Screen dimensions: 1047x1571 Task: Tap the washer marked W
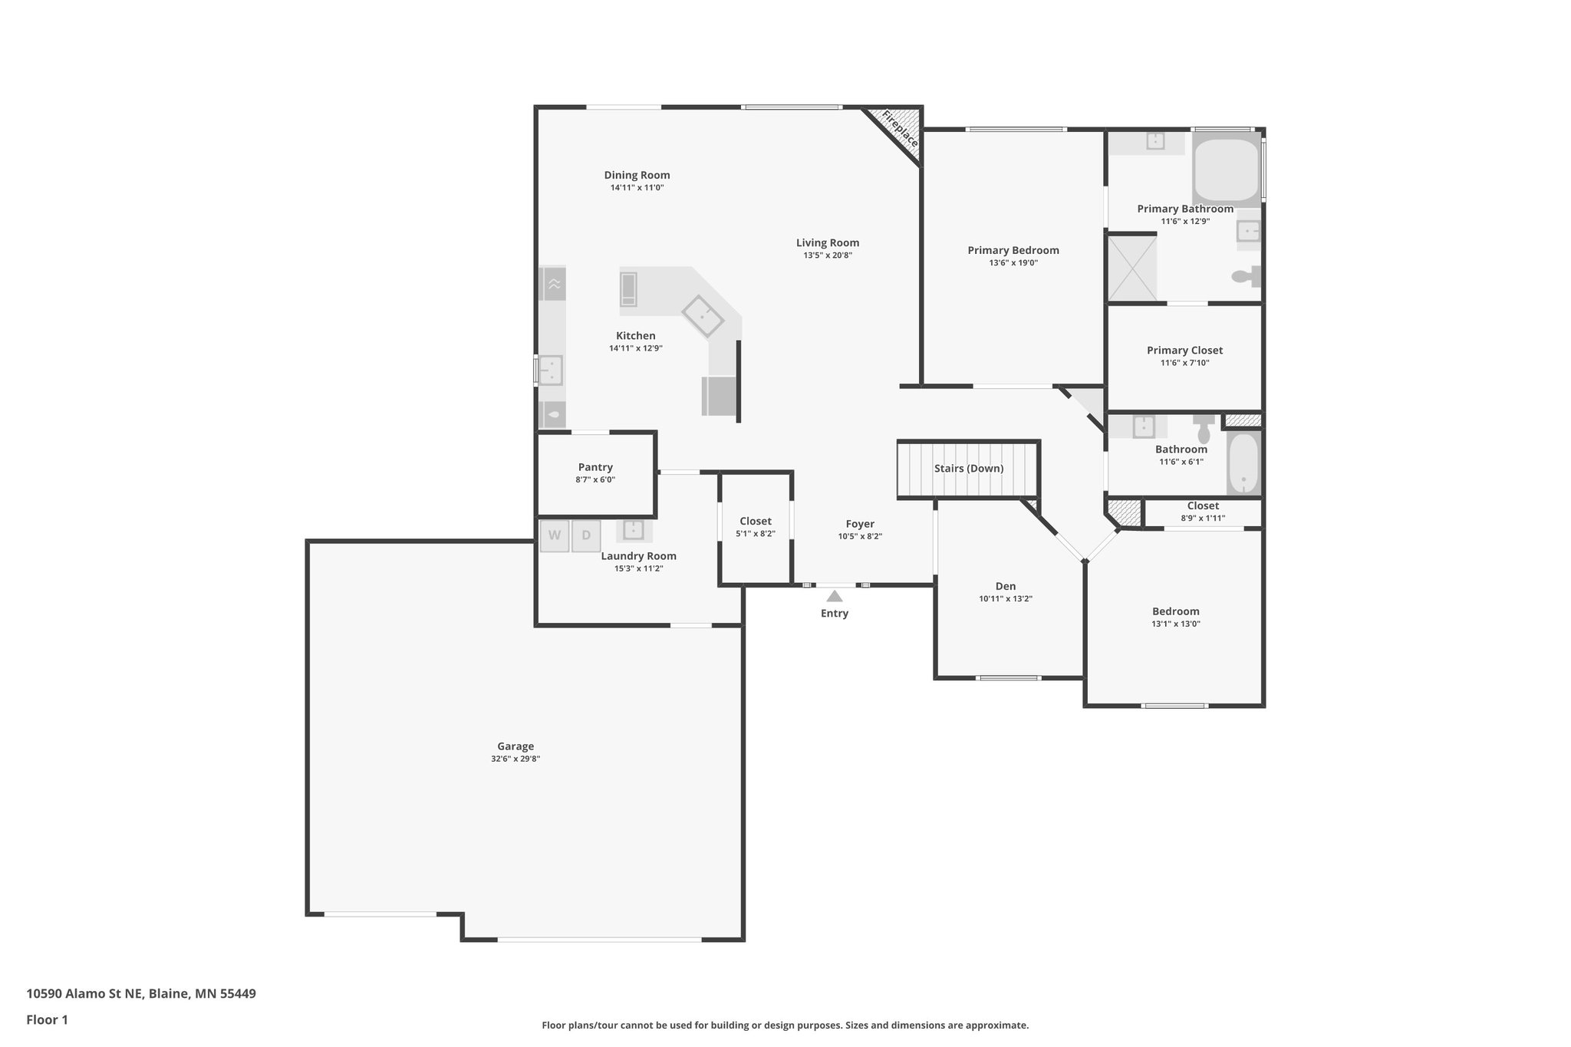point(554,536)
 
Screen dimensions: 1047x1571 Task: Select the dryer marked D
point(586,536)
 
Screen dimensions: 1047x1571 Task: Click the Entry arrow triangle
point(835,595)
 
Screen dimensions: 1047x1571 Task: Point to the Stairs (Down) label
point(968,469)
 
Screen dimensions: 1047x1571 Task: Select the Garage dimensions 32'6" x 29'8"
point(515,759)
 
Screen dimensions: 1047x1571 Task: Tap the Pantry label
point(595,467)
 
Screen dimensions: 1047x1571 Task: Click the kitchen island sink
point(703,315)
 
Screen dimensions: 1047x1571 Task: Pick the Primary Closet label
point(1184,351)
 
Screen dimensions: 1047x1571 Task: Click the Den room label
point(1005,586)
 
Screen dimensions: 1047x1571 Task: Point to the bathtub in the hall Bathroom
point(1243,464)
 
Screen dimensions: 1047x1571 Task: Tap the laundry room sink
point(634,530)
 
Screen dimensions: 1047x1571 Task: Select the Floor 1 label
point(47,1020)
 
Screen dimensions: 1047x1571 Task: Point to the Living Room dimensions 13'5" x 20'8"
point(828,255)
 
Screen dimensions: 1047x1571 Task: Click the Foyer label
point(860,524)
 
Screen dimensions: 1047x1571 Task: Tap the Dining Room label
point(637,175)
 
